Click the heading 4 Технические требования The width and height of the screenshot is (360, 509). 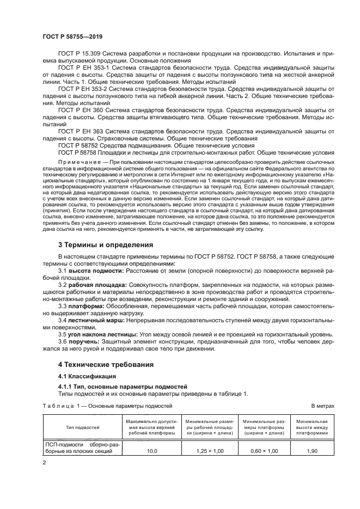point(106,364)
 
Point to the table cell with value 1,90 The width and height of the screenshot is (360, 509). point(312,451)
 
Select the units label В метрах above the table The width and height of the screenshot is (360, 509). point(322,406)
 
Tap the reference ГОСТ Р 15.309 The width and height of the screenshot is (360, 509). point(79,54)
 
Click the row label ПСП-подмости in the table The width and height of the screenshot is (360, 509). point(67,444)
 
